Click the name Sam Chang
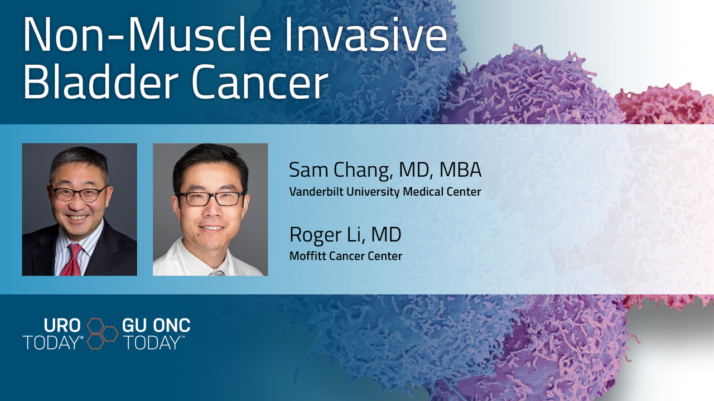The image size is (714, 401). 340,171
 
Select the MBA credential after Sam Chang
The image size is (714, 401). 460,170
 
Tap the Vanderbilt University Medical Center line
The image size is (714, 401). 385,191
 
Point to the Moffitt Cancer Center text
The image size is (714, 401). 346,256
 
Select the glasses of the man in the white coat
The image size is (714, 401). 210,199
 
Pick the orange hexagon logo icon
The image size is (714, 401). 102,334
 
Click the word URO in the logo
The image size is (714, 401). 62,326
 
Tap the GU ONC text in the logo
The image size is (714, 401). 156,326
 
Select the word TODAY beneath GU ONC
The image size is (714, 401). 151,342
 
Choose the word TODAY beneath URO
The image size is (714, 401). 51,342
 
